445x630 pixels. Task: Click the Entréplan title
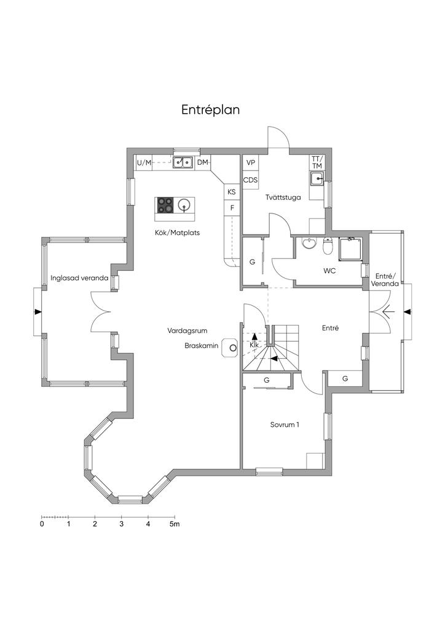pos(210,110)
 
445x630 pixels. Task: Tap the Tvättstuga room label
pos(283,197)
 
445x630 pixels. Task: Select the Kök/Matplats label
pos(177,233)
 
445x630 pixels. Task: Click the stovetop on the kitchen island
pos(165,204)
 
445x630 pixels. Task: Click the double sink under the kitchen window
pos(182,162)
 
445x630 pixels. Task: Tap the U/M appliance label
pos(144,162)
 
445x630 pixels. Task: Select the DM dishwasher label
pos(203,162)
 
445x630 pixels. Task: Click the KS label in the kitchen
pos(232,192)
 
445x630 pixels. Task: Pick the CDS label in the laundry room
pos(250,180)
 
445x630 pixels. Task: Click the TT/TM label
pos(317,162)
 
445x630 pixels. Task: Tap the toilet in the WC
pos(328,245)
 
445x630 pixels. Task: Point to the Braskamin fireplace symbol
pos(232,348)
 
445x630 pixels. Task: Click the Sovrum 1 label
pos(285,425)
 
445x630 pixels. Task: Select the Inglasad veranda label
pos(79,277)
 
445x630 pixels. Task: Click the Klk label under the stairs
pos(254,345)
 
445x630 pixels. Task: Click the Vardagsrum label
pos(187,330)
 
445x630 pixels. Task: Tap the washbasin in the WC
pos(309,243)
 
